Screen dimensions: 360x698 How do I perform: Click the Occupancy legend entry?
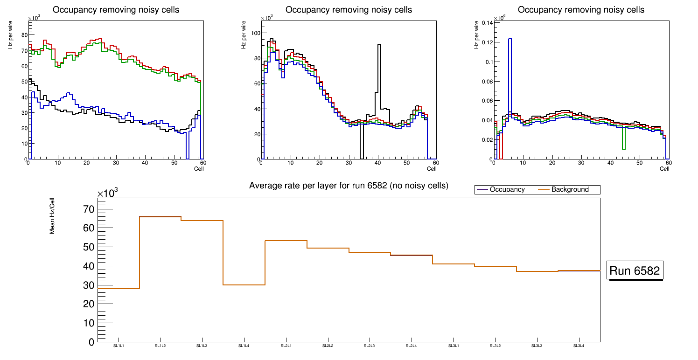507,190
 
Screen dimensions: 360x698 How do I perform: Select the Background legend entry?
570,190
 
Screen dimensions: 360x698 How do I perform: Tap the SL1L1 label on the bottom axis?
119,346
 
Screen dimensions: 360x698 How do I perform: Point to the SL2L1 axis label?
286,346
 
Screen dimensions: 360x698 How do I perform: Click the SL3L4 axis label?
579,346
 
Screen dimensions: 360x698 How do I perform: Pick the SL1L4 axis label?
244,346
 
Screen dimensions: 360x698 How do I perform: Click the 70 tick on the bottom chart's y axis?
88,209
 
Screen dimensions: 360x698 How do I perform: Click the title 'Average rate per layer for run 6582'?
349,186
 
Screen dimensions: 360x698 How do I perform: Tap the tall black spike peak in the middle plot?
379,45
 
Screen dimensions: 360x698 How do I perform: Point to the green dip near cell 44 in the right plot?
623,148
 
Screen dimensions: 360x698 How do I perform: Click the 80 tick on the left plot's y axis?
25,35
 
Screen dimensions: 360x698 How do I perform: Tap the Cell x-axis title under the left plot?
199,168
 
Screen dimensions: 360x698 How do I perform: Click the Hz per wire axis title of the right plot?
477,36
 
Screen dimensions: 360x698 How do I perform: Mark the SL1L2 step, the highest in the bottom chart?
160,217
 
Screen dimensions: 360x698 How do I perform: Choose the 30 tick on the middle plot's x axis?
348,163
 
